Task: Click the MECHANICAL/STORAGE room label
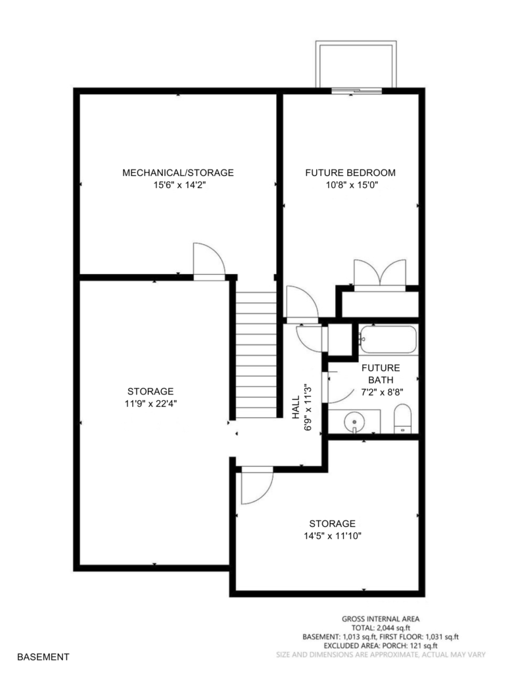[177, 173]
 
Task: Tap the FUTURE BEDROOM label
[350, 173]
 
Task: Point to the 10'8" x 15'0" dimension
[352, 185]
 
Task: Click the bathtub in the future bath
[388, 339]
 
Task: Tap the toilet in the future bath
[402, 419]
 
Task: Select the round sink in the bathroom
[354, 421]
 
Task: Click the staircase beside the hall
[256, 355]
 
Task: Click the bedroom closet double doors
[379, 275]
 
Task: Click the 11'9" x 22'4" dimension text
[151, 404]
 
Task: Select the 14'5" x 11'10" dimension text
[333, 536]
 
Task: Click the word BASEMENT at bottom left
[43, 657]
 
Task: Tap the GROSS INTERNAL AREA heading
[381, 619]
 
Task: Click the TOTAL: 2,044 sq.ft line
[381, 628]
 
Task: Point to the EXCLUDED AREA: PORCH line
[381, 645]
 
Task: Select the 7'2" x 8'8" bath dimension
[382, 392]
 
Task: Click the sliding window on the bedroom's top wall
[357, 91]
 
